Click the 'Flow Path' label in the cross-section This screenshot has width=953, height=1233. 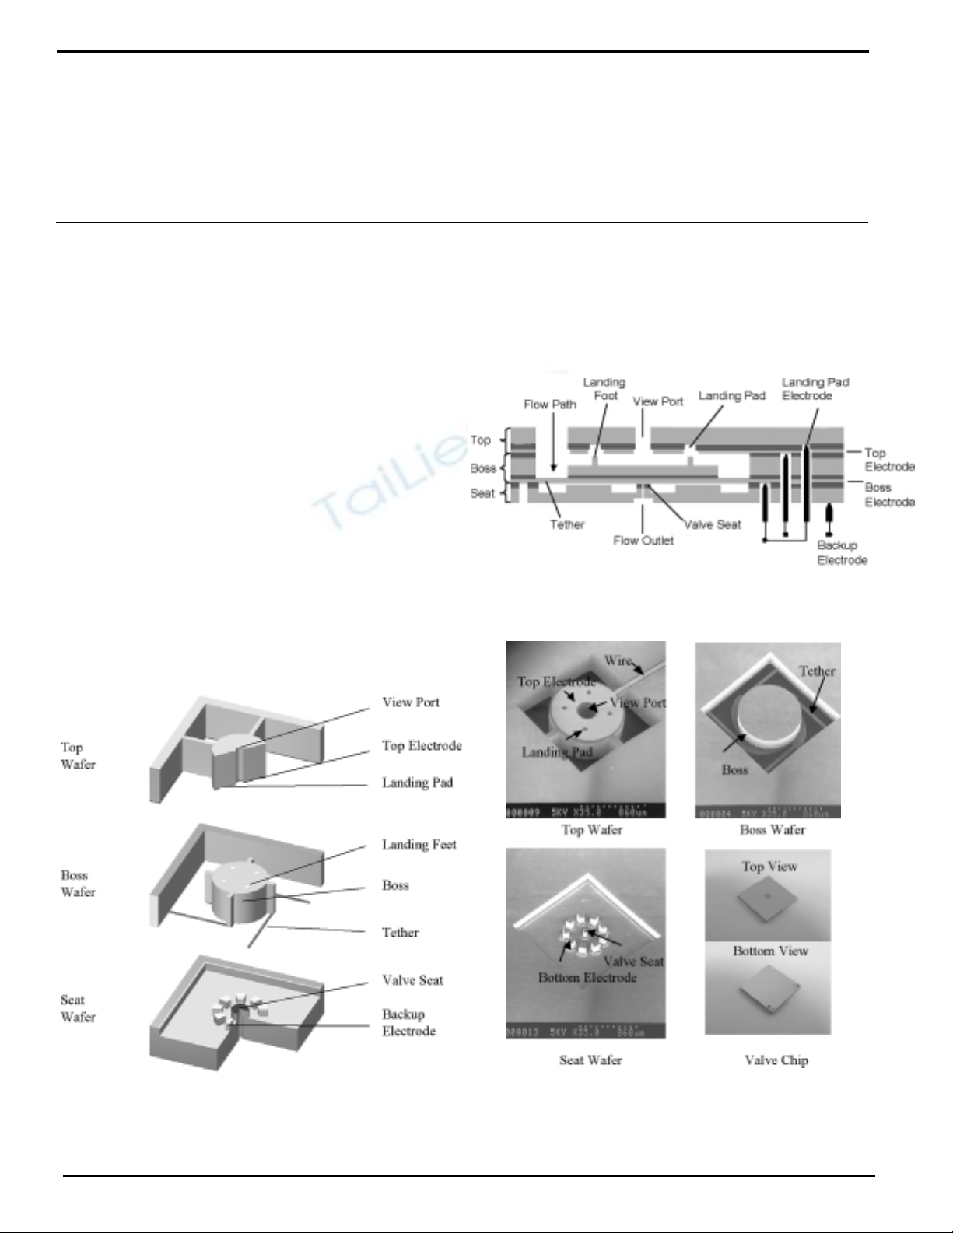[x=550, y=405]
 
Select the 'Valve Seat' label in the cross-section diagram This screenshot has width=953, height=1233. [x=713, y=524]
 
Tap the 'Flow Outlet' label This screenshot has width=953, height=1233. [x=643, y=540]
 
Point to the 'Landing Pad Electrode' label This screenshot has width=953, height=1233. [x=815, y=388]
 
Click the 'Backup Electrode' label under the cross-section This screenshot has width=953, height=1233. [x=842, y=552]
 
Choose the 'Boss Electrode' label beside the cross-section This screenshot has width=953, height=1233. [x=889, y=495]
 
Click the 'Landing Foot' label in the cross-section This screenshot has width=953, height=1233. [x=604, y=388]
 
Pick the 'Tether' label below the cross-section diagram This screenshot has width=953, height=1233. [x=566, y=524]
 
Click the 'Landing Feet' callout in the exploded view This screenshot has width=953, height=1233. [x=419, y=844]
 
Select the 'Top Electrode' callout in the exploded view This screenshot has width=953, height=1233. [x=422, y=745]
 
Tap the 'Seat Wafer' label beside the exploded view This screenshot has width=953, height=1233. [x=78, y=1008]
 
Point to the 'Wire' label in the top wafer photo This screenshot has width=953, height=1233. [x=619, y=661]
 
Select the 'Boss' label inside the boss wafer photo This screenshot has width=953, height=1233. [x=734, y=769]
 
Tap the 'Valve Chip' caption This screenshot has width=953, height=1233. [x=776, y=1060]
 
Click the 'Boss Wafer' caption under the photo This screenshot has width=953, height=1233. [x=772, y=830]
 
